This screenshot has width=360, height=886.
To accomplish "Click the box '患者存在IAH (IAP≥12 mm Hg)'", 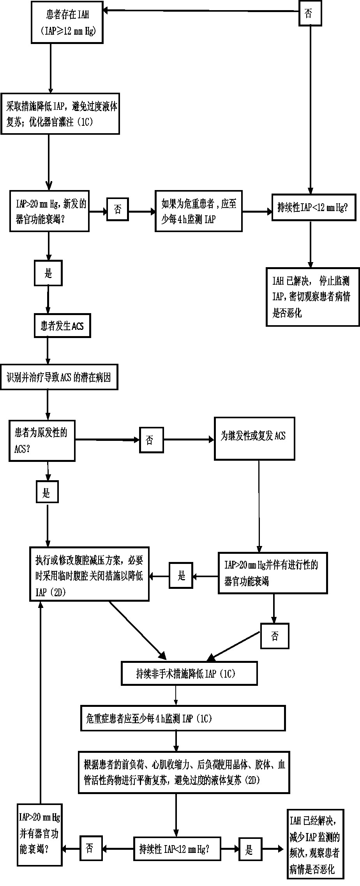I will click(x=67, y=22).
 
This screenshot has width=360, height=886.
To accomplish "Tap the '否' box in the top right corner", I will click(x=310, y=14).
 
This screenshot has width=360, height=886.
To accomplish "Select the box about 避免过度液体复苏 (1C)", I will click(x=60, y=114).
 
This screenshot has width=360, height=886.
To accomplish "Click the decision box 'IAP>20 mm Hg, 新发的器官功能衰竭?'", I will click(x=49, y=211).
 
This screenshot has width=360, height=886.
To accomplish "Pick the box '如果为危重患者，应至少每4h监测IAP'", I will click(x=199, y=211).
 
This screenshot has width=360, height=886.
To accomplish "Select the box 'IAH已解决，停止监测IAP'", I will click(x=313, y=296).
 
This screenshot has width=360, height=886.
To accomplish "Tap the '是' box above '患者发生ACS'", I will click(x=48, y=273).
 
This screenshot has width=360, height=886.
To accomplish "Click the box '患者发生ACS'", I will click(x=62, y=326).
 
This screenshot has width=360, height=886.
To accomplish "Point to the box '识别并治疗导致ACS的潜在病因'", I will click(x=59, y=377).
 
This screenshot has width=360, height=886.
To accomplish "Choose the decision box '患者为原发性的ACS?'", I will click(x=42, y=440).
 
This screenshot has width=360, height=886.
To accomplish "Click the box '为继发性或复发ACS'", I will click(x=254, y=439).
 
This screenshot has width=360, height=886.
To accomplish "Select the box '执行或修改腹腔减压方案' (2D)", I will click(x=90, y=573).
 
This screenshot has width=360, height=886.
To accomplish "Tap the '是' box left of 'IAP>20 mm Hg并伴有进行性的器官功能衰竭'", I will click(x=181, y=575).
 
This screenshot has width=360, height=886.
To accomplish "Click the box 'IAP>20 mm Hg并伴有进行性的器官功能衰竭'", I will click(x=272, y=572).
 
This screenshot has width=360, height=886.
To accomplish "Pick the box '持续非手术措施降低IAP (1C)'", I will click(x=189, y=673).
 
